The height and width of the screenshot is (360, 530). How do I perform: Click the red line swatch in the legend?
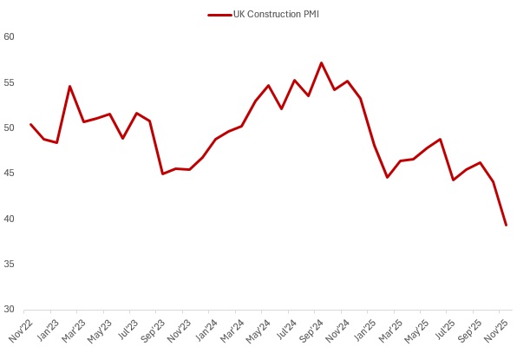point(220,14)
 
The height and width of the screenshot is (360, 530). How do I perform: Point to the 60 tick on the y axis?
point(9,37)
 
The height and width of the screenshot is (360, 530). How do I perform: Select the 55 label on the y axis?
point(9,82)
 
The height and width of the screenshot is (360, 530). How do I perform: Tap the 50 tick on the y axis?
point(9,128)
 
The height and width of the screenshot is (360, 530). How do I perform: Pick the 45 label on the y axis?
point(9,173)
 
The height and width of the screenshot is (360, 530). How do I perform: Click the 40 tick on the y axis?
point(9,219)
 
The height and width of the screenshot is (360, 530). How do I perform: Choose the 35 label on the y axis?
point(9,264)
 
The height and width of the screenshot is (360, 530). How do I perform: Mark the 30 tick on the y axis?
point(9,309)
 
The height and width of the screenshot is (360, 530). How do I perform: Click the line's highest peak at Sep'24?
point(321,62)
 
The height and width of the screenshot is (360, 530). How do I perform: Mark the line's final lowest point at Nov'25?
point(506,226)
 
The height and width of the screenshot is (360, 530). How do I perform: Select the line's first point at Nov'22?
point(30,124)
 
